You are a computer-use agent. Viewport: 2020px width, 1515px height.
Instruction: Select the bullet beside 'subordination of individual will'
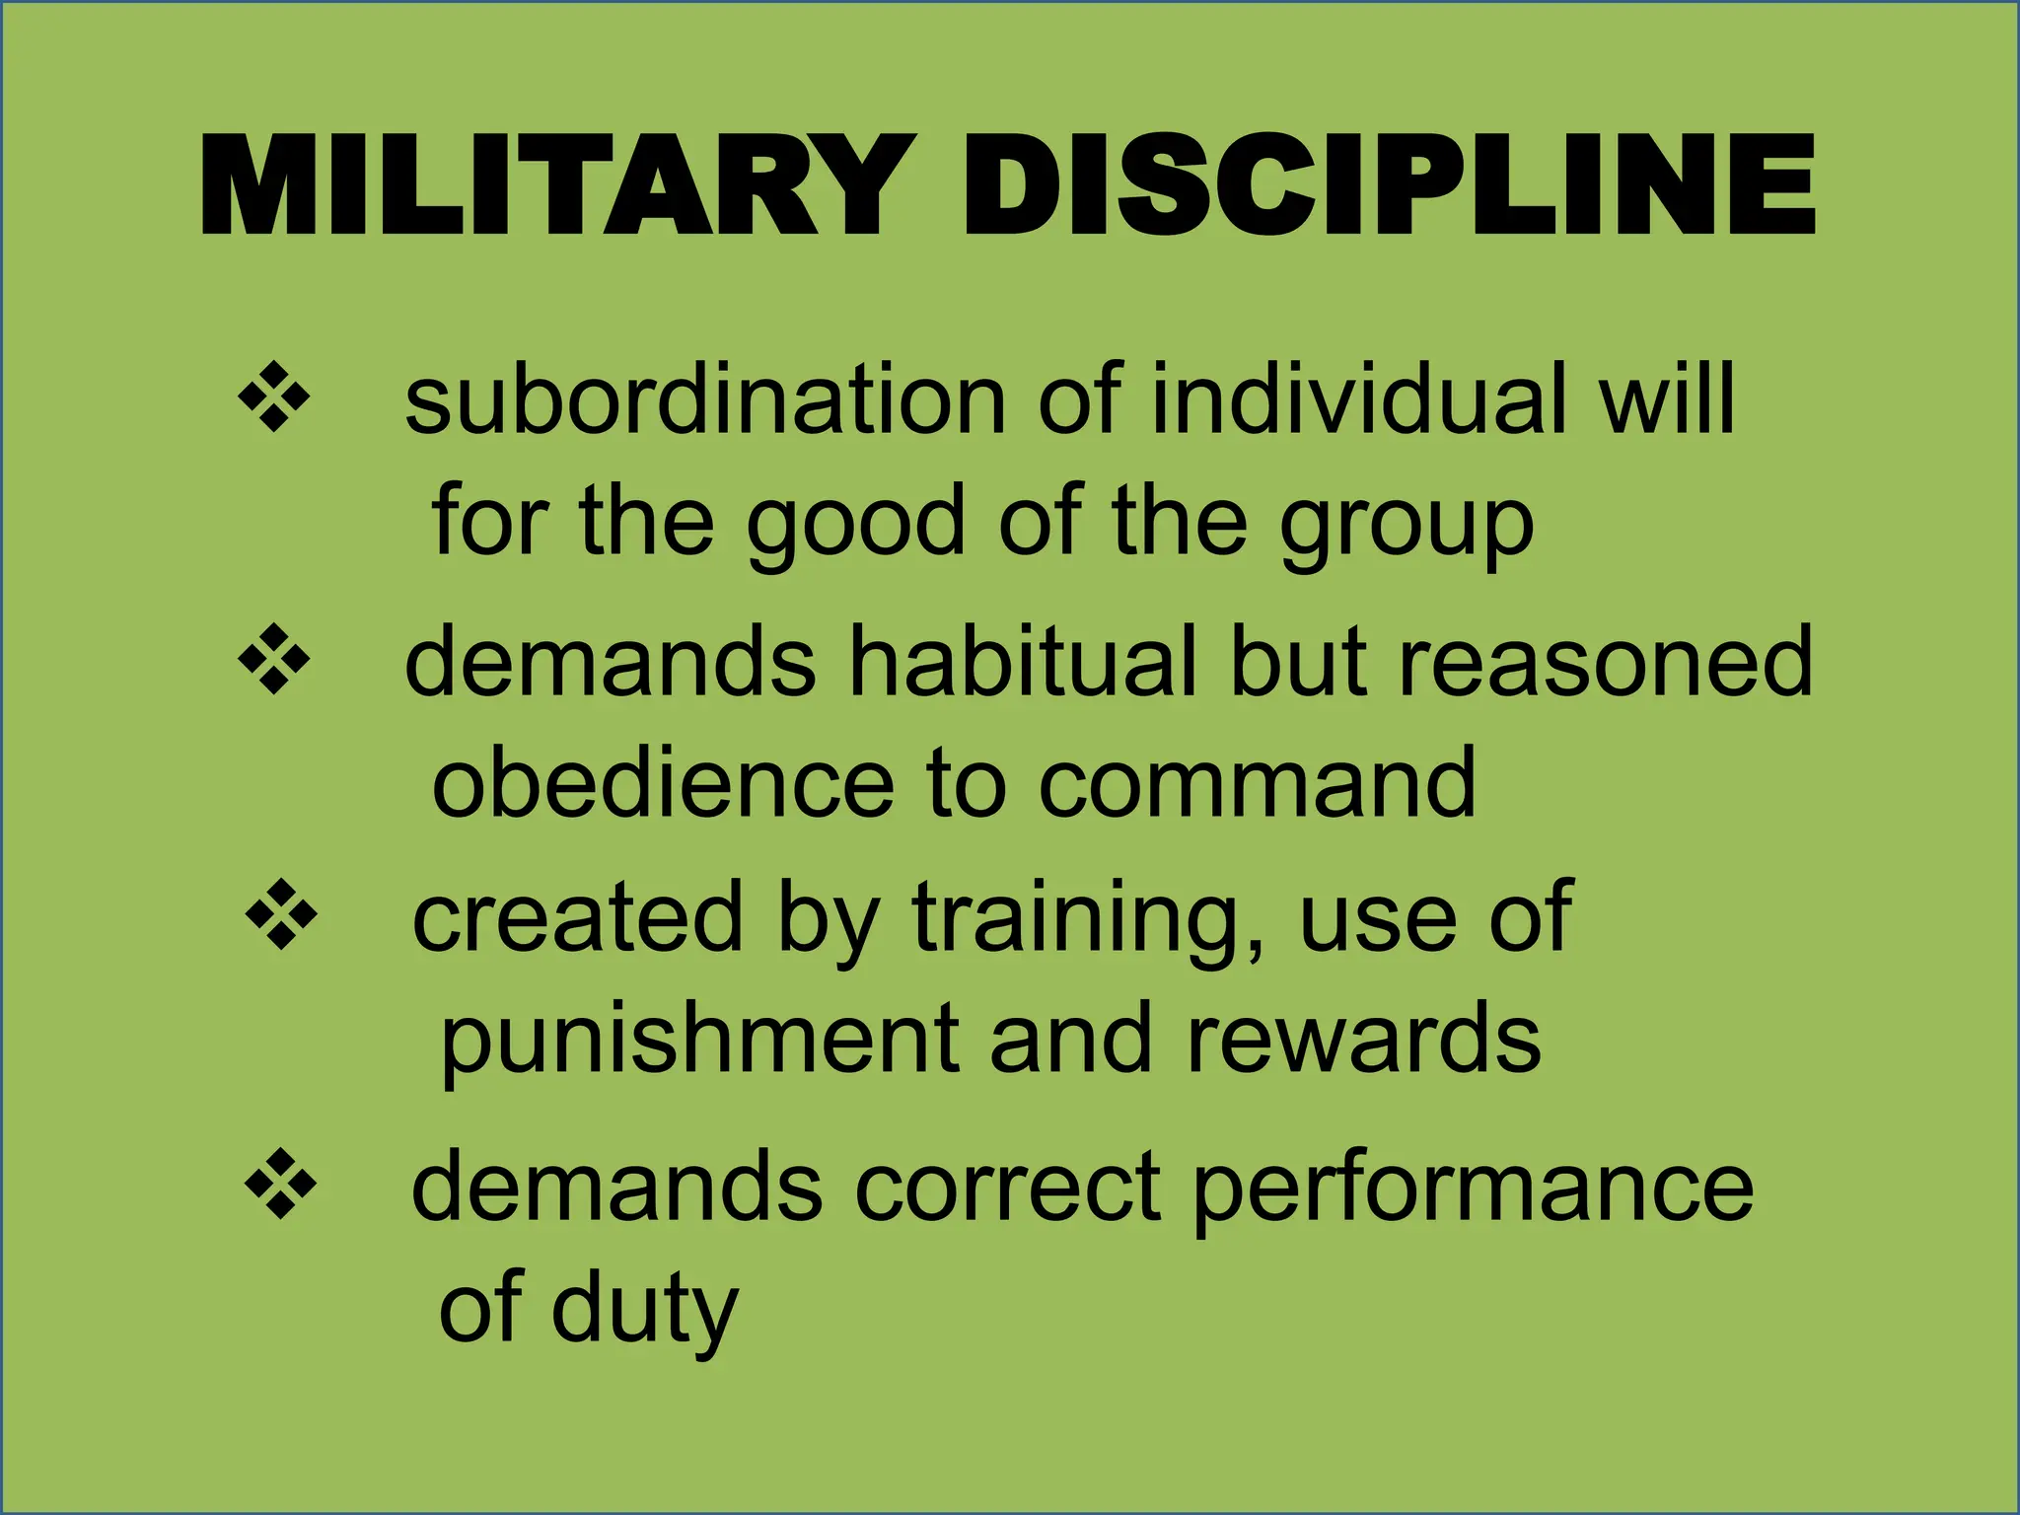pyautogui.click(x=274, y=397)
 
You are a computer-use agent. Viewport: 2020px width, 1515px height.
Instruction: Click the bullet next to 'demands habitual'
pyautogui.click(x=274, y=660)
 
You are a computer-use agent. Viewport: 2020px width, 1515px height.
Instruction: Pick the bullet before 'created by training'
pyautogui.click(x=281, y=914)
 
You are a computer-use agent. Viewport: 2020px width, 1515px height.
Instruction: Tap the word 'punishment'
pyautogui.click(x=699, y=1040)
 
